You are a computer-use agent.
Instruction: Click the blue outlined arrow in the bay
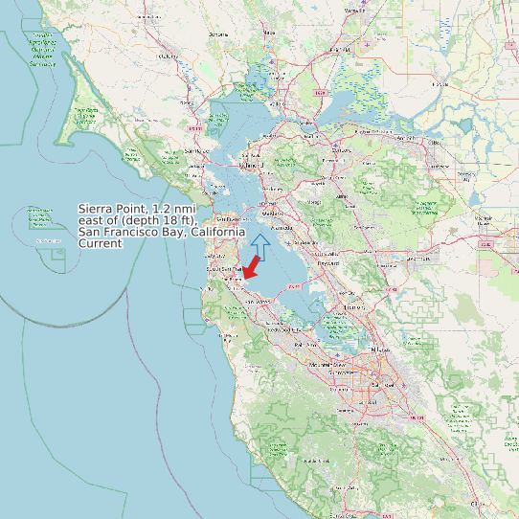coord(260,245)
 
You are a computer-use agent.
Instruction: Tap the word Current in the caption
coord(101,244)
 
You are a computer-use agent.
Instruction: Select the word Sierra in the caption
coord(98,208)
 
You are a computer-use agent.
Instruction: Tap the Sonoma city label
coord(219,34)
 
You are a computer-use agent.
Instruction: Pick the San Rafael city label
coord(195,151)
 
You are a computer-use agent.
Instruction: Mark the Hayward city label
coord(329,262)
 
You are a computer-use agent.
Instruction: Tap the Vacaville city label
coord(355,11)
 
